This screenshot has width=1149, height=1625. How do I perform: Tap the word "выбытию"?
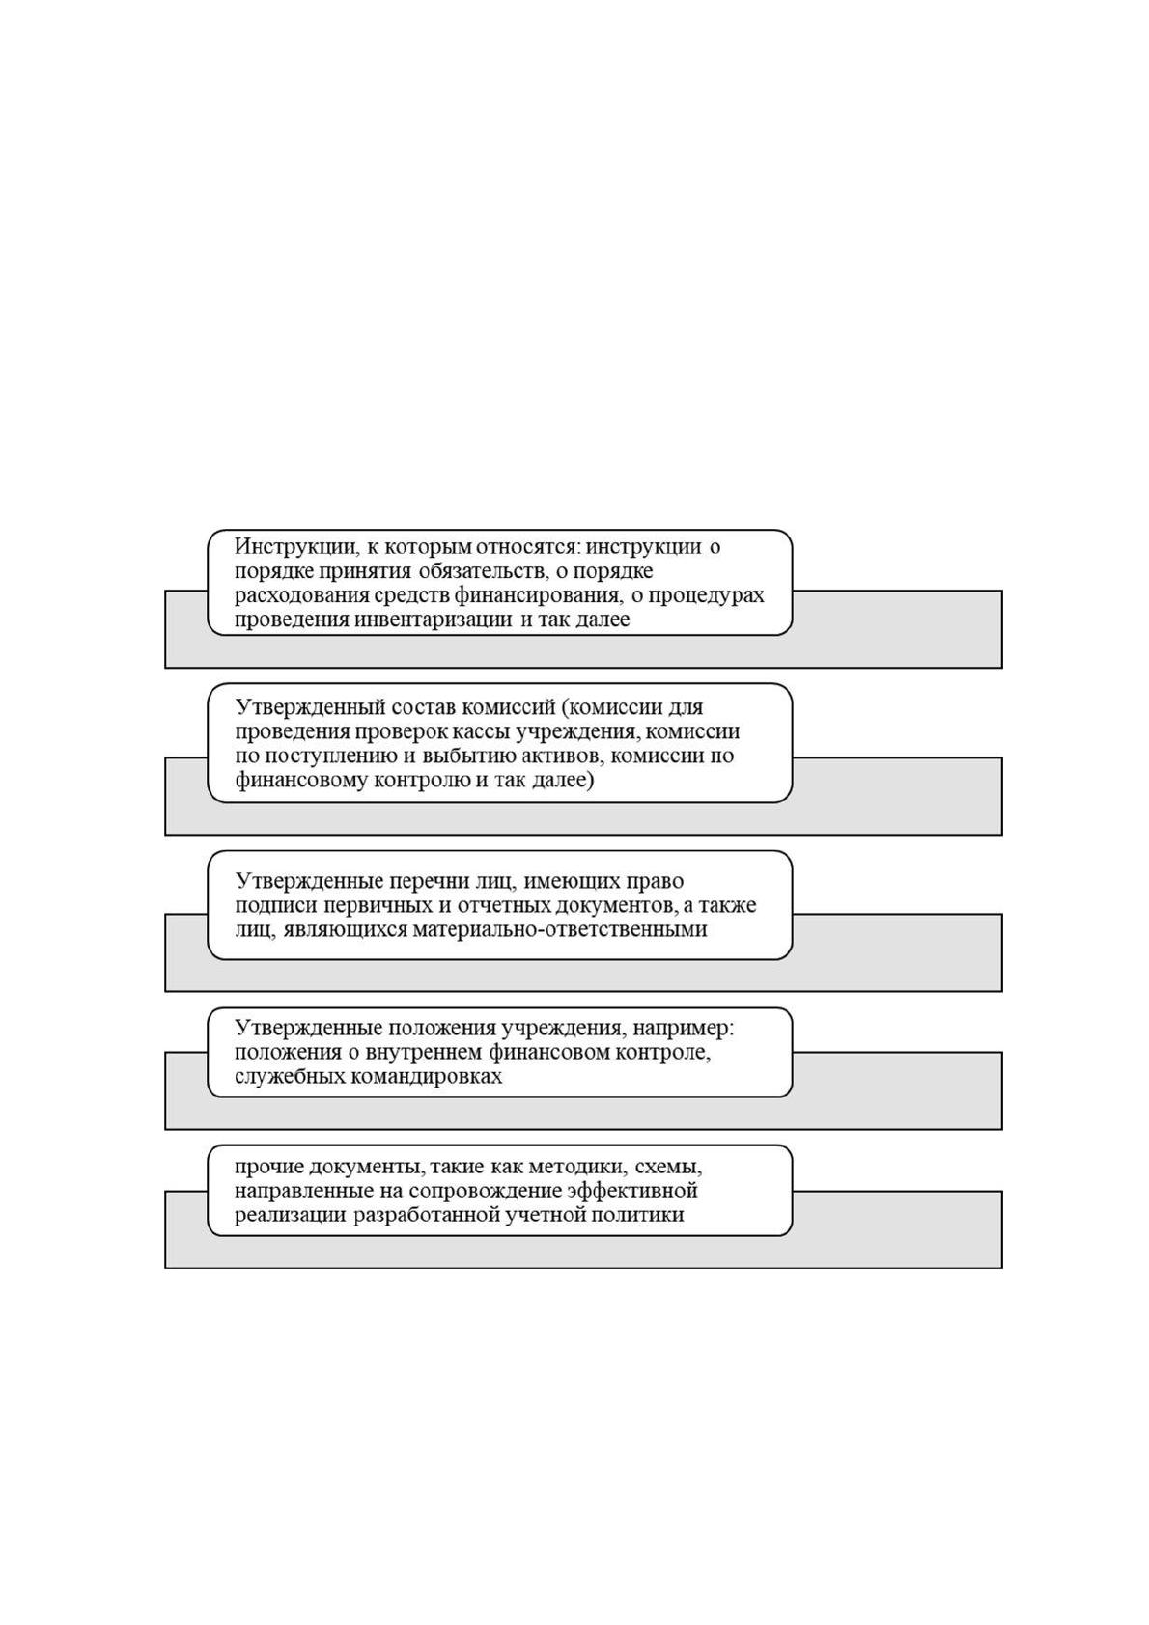click(x=479, y=757)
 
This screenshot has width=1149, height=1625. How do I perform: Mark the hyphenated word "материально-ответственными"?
click(x=559, y=930)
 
